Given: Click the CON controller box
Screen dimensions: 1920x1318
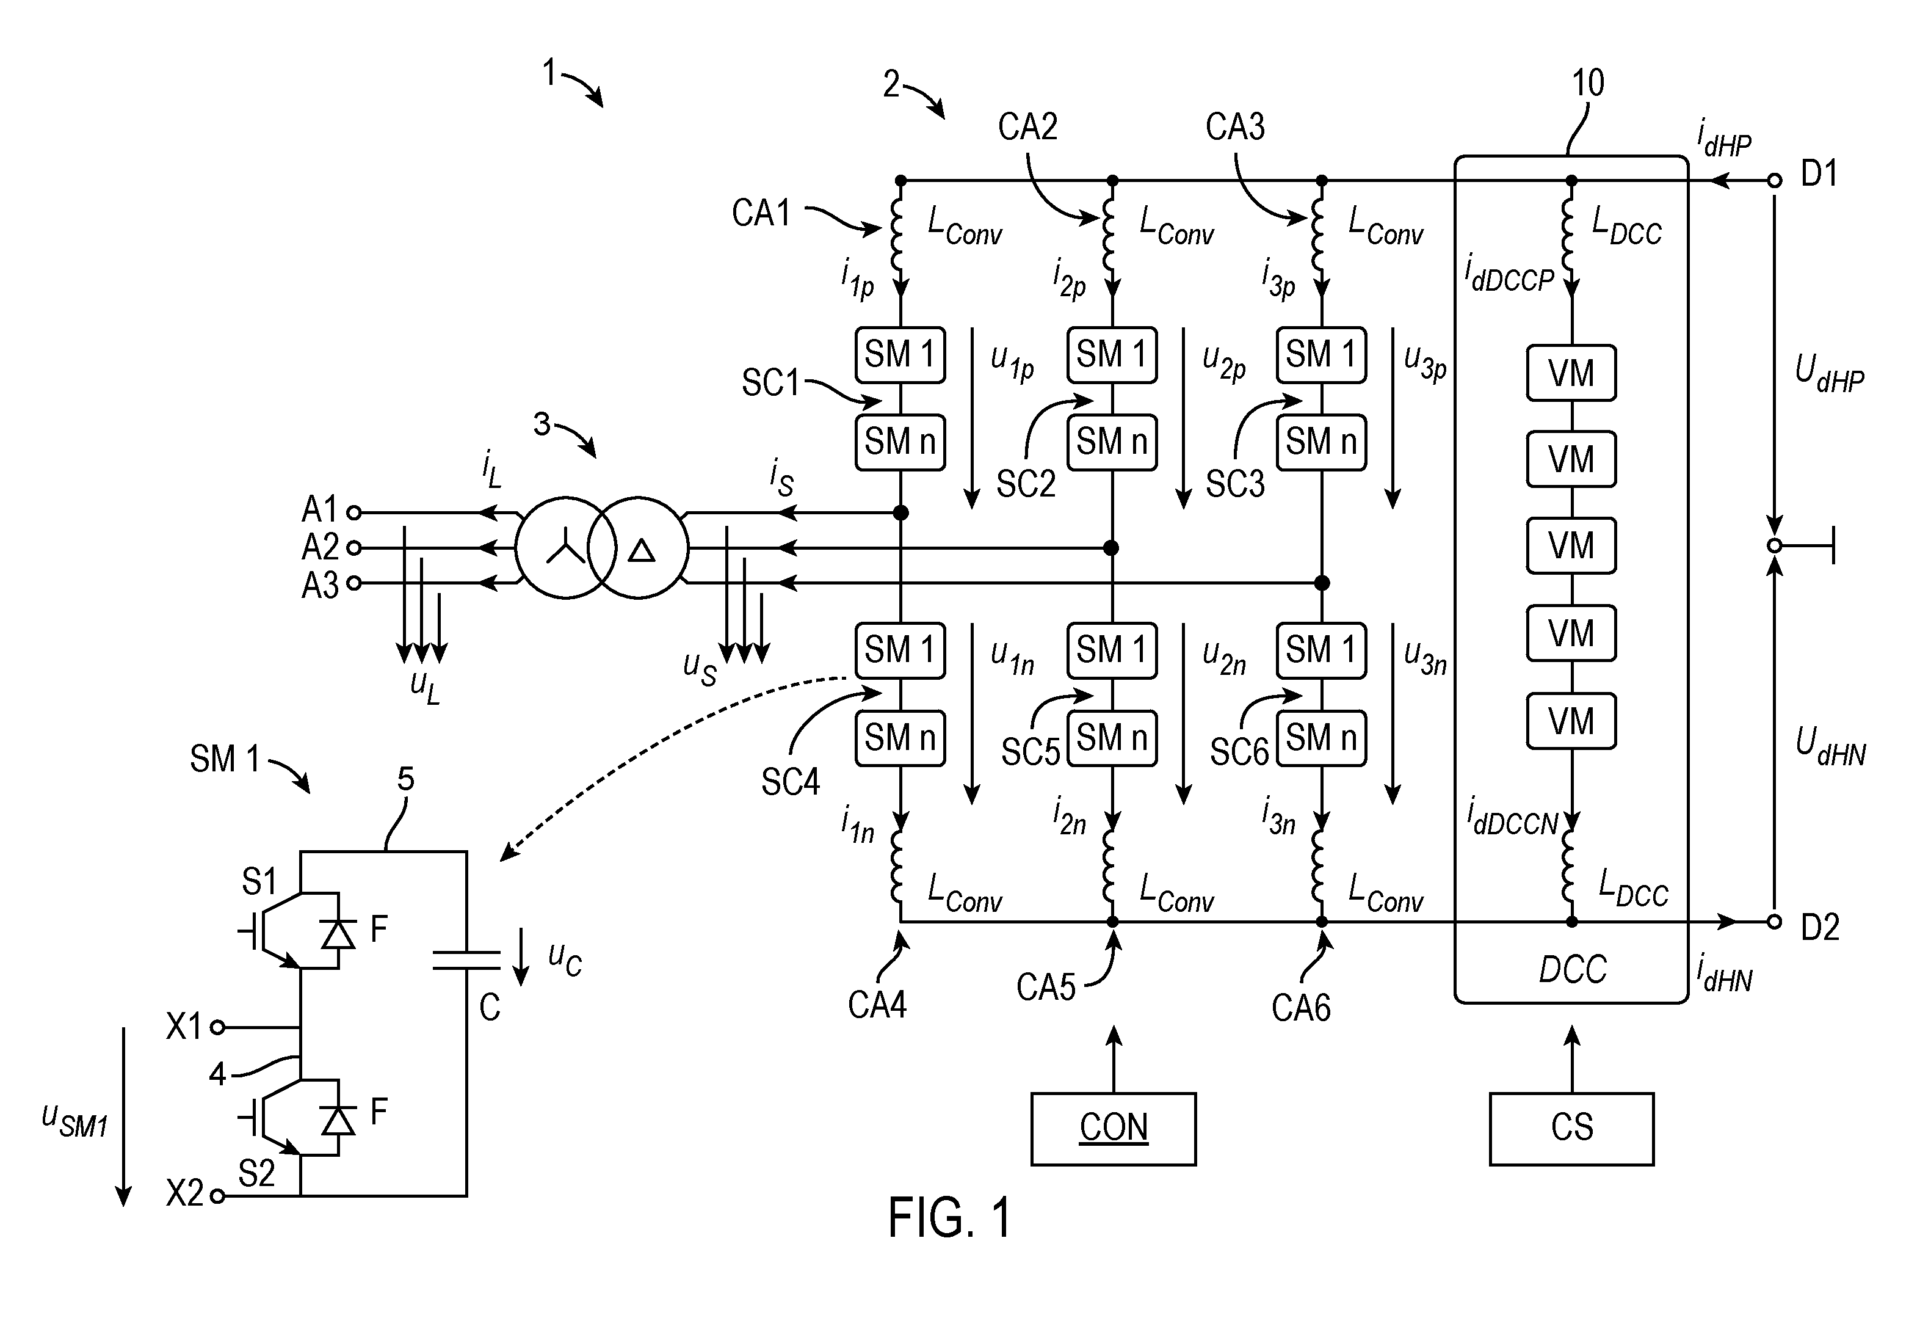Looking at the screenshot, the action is click(x=1113, y=1129).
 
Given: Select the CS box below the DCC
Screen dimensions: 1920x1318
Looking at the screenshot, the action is click(x=1571, y=1129).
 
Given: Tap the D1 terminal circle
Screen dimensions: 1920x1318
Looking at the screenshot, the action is click(x=1775, y=180).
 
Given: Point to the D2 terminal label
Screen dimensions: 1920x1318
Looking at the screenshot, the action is click(x=1820, y=927).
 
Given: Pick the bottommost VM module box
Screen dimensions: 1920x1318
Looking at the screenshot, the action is click(x=1571, y=721).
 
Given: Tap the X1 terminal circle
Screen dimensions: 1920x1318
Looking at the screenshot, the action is click(x=217, y=1027).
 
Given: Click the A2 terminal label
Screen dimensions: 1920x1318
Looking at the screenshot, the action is click(x=320, y=547).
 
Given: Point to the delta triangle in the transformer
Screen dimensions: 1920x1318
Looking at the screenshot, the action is click(x=642, y=550).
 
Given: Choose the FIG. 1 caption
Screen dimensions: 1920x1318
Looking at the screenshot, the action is click(x=950, y=1217).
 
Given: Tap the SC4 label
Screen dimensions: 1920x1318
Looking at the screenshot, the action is click(x=791, y=782).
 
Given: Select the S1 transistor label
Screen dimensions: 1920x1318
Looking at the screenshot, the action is click(x=259, y=883).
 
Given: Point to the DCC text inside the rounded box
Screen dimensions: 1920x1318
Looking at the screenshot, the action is click(x=1572, y=969).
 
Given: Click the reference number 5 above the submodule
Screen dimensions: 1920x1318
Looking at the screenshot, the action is click(x=405, y=779).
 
